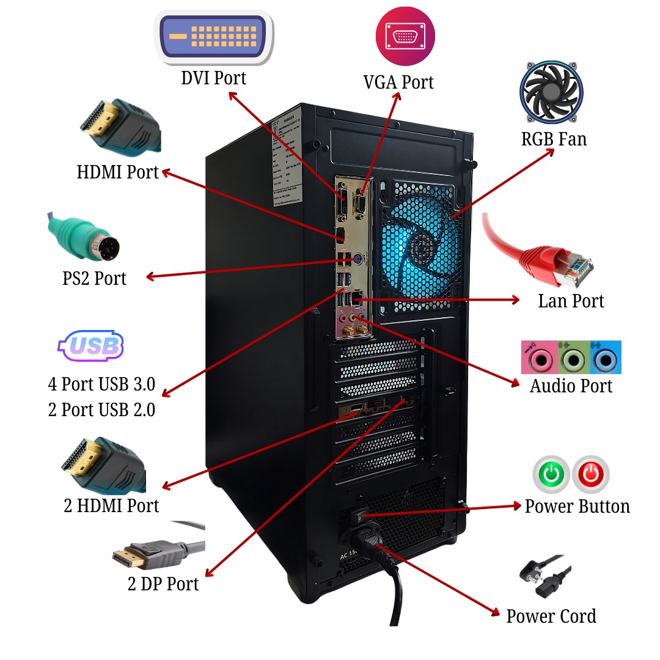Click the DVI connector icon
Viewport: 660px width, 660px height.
click(214, 37)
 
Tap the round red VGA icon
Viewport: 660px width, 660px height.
click(405, 36)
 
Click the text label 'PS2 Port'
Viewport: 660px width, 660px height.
click(94, 278)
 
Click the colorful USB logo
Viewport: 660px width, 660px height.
click(92, 346)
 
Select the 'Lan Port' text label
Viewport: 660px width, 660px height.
click(570, 301)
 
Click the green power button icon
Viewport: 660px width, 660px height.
click(551, 474)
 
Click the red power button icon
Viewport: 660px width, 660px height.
click(591, 474)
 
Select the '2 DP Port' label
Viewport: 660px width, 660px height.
click(163, 584)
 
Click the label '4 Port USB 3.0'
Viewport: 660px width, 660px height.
click(101, 384)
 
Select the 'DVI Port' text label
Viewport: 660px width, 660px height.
click(213, 78)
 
